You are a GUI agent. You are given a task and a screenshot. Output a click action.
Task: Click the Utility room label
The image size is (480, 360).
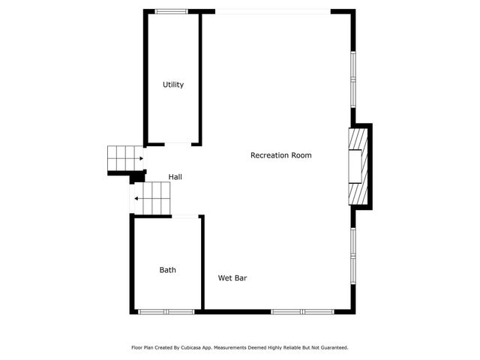tap(173, 85)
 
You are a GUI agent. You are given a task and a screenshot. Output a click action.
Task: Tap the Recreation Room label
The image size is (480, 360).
tap(280, 155)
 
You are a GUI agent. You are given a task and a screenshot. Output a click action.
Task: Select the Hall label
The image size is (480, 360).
tap(175, 177)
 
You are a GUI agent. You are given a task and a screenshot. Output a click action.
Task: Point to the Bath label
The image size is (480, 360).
tap(167, 270)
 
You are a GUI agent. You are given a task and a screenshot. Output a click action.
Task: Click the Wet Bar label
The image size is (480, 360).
tap(232, 278)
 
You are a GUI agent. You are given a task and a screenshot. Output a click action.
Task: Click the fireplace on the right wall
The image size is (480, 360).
tap(358, 166)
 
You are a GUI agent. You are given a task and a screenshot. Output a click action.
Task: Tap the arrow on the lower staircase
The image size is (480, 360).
tap(136, 199)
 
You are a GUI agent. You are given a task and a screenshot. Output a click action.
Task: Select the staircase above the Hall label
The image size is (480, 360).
tap(124, 158)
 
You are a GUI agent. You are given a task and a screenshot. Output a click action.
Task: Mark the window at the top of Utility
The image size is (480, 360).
tap(172, 11)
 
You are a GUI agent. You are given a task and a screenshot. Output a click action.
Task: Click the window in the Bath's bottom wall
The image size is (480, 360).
tap(166, 311)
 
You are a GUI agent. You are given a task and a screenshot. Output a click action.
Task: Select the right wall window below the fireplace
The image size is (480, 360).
tap(352, 255)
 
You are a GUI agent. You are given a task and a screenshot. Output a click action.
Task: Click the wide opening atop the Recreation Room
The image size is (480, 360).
tap(272, 11)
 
